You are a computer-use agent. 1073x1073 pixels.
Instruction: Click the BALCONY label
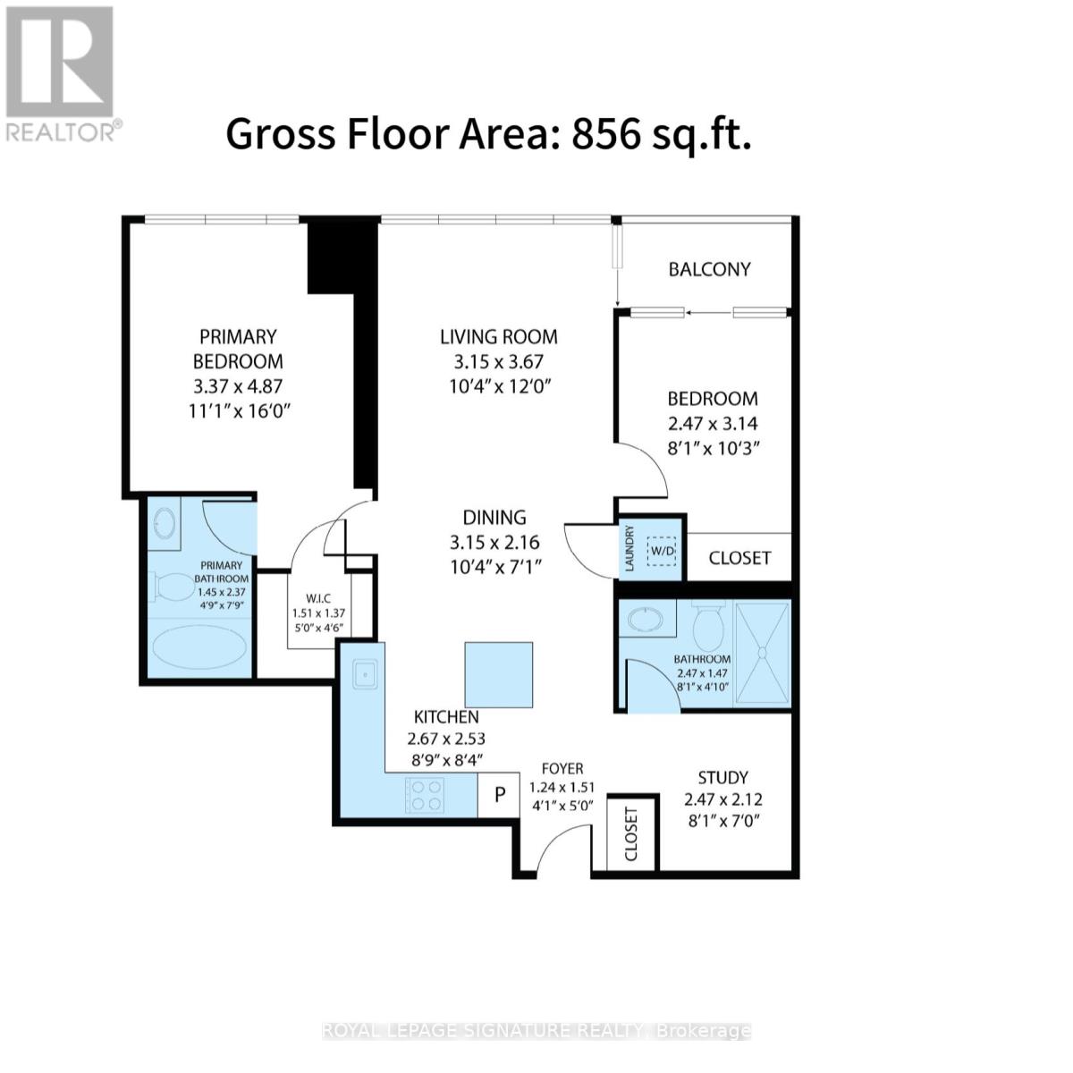pyautogui.click(x=709, y=269)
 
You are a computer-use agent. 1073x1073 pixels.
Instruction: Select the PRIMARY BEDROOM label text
pyautogui.click(x=238, y=349)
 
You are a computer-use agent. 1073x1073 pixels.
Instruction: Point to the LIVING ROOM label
pyautogui.click(x=498, y=337)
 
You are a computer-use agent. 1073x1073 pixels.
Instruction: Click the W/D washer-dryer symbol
pyautogui.click(x=663, y=550)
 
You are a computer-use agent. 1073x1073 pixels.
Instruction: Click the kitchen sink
pyautogui.click(x=364, y=675)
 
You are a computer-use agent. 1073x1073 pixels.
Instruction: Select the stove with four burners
pyautogui.click(x=425, y=794)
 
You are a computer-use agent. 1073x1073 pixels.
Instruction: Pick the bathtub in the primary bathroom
pyautogui.click(x=199, y=649)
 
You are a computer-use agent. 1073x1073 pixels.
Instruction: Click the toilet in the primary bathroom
pyautogui.click(x=166, y=587)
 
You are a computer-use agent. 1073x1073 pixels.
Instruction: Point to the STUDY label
pyautogui.click(x=722, y=778)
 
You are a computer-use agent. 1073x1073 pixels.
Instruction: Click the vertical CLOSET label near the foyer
pyautogui.click(x=631, y=835)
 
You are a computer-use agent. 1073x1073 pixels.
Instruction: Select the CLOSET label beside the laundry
pyautogui.click(x=739, y=558)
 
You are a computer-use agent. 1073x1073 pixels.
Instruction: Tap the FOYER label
pyautogui.click(x=562, y=769)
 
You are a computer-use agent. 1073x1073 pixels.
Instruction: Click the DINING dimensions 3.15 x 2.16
pyautogui.click(x=494, y=543)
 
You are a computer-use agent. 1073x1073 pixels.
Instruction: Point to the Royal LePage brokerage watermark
pyautogui.click(x=536, y=1031)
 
